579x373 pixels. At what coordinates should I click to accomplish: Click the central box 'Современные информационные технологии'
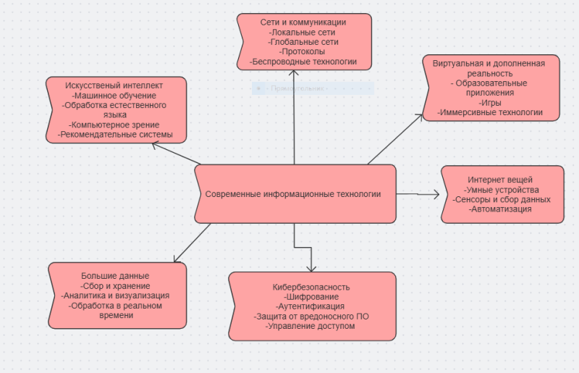point(293,194)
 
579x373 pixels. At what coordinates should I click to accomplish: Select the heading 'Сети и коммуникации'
point(303,22)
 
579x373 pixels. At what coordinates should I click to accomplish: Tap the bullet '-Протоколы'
point(303,52)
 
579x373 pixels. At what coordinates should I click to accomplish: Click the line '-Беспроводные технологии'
point(303,62)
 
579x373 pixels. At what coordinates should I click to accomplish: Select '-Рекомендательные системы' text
point(116,135)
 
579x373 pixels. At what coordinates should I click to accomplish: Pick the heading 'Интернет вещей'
point(500,180)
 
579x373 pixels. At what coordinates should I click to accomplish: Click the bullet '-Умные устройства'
point(502,190)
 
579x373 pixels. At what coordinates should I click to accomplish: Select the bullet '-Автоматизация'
point(501,209)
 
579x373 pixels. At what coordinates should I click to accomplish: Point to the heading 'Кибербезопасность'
point(311,287)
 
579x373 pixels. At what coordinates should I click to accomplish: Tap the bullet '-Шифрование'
point(311,297)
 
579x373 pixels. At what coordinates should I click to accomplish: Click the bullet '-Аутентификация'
point(311,306)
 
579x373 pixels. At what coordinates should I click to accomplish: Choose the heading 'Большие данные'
point(116,276)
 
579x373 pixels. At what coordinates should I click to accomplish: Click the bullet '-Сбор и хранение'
point(116,285)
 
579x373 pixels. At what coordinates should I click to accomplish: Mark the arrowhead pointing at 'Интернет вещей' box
point(436,194)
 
